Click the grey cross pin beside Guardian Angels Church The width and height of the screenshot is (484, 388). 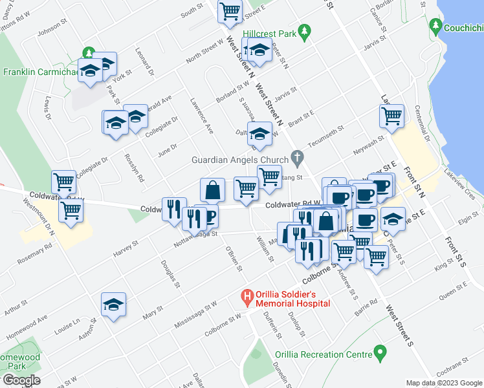click(x=297, y=156)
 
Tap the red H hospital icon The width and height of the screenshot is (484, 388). click(x=247, y=298)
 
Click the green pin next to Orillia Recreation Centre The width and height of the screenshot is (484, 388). click(x=380, y=354)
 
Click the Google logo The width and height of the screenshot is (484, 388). click(x=21, y=380)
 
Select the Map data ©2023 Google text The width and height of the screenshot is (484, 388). click(x=444, y=383)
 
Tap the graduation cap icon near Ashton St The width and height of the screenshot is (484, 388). click(x=113, y=305)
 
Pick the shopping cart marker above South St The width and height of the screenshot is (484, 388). click(x=230, y=11)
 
